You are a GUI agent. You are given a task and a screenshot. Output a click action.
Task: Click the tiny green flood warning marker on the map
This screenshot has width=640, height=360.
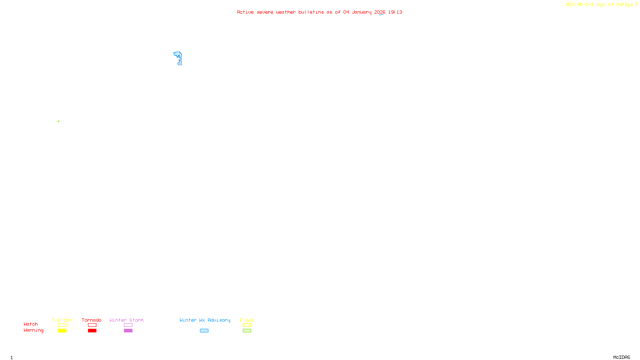tap(58, 121)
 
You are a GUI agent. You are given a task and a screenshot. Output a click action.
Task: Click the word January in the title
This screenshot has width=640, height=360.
tap(361, 12)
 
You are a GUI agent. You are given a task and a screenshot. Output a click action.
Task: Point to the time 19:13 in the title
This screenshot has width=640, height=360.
tap(395, 12)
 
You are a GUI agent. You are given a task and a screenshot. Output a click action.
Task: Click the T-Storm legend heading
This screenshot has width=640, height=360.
tap(62, 320)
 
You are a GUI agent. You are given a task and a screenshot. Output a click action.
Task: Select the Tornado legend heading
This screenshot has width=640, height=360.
tap(92, 320)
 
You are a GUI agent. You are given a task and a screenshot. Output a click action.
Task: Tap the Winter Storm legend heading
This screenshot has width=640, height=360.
tap(126, 320)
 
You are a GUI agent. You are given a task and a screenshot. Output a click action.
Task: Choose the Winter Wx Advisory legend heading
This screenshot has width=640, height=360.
tap(205, 320)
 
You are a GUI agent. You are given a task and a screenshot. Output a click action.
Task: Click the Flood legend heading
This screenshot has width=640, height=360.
tap(247, 320)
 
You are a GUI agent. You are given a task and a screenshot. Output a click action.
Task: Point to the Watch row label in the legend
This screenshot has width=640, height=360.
tap(31, 324)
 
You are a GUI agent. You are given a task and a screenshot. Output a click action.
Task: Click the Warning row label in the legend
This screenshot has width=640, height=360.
tap(33, 330)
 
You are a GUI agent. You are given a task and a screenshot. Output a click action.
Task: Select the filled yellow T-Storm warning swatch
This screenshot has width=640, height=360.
tap(62, 331)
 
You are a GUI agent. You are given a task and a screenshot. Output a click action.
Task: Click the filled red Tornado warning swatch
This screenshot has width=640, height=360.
tap(92, 331)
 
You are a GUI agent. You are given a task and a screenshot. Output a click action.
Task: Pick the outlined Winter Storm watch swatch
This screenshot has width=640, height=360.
tap(128, 325)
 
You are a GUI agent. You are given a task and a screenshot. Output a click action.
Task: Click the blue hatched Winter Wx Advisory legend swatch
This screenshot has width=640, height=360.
tap(204, 331)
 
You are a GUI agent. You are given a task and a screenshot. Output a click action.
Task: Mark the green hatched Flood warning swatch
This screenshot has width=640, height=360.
tap(247, 331)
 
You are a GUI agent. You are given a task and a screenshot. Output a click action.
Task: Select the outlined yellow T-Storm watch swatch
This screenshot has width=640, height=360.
tap(62, 325)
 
